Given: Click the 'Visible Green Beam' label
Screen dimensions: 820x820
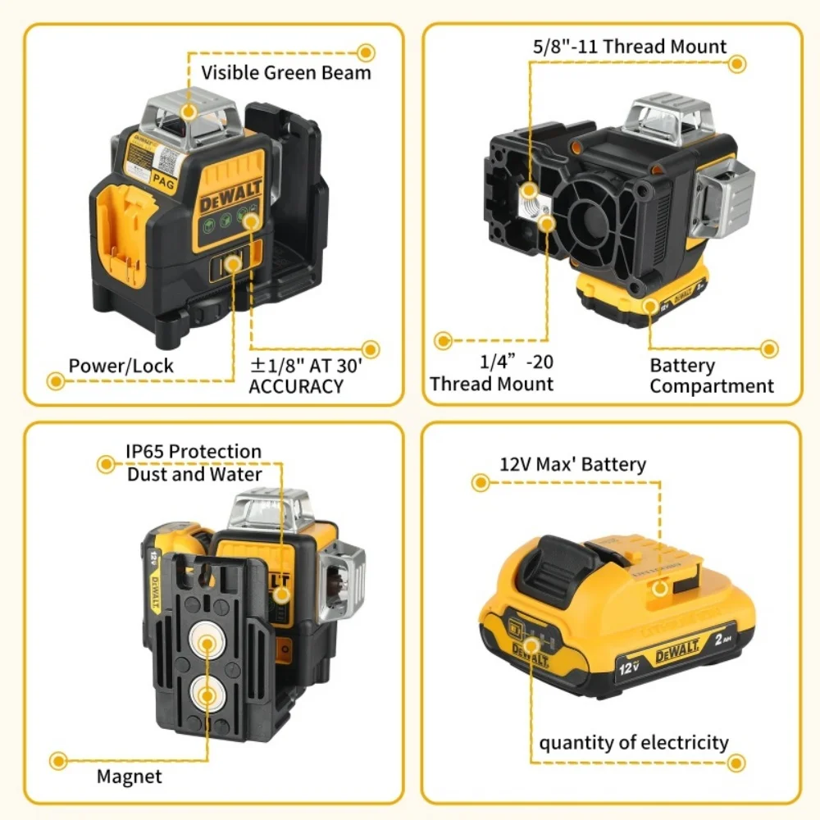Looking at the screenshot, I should pos(286,72).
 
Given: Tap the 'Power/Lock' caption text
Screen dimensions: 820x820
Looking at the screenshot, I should pos(121,365).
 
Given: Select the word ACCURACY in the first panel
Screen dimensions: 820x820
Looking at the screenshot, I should pos(296,386).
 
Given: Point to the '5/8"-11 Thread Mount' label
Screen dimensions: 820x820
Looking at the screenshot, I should pos(630,47).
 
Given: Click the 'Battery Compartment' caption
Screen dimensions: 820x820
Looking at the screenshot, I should pos(712,376).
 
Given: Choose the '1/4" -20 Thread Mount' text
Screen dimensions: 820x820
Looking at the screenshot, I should pos(492,372).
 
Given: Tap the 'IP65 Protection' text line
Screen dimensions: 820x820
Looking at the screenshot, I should pos(194,451).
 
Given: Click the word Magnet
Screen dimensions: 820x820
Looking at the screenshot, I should pos(130,776).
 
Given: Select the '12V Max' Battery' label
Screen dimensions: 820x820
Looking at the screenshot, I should pos(573,464).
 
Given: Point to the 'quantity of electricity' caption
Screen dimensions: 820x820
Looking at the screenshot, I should pos(634,743).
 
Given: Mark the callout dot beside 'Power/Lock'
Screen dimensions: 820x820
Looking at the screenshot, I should pos(56,380).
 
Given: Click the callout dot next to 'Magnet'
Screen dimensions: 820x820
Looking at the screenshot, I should pos(57,761).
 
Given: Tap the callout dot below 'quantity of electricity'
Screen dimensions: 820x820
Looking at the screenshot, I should pos(737,763).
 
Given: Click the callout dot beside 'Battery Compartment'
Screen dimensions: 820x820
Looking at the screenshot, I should pos(769,349).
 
